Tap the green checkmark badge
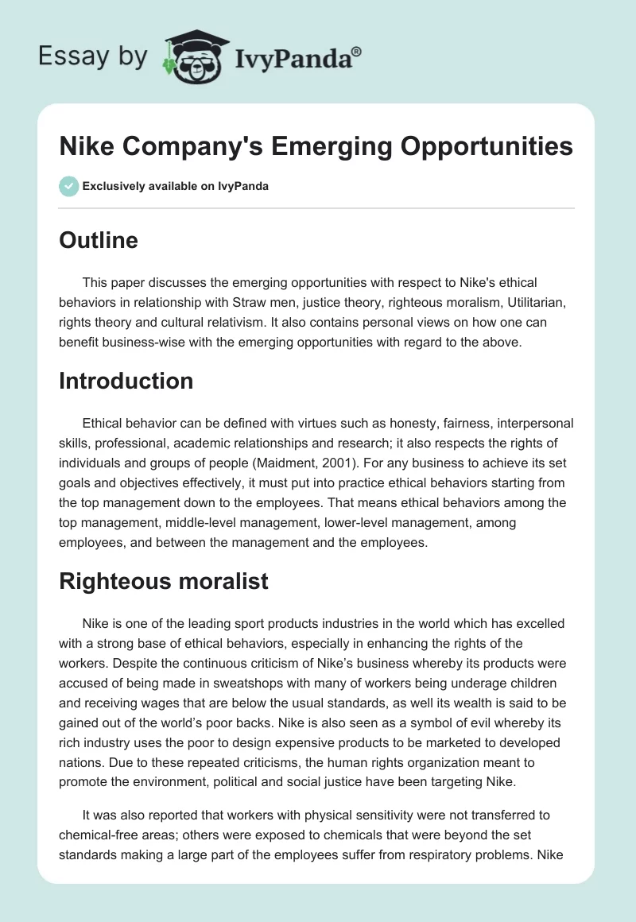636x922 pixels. pos(69,186)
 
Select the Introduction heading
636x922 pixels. pos(126,381)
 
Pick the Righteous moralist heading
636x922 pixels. pos(163,581)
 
